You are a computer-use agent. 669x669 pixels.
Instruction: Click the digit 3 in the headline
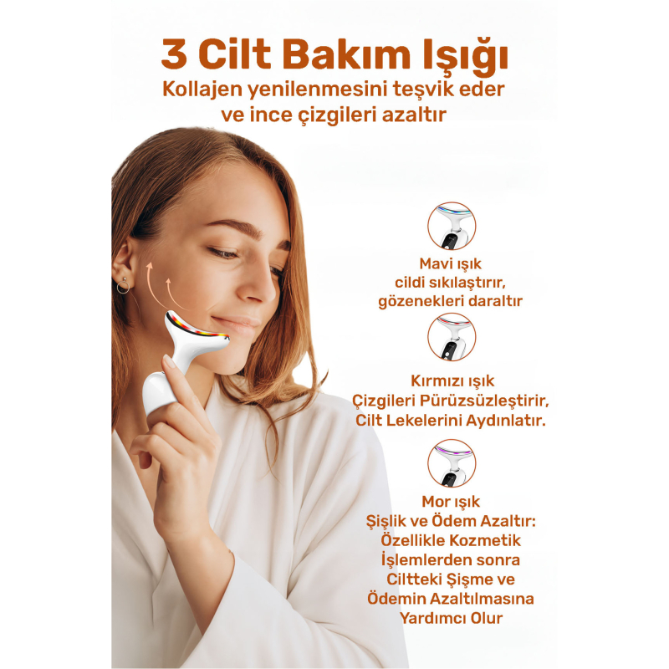tap(175, 54)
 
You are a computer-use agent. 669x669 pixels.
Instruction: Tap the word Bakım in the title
tap(346, 54)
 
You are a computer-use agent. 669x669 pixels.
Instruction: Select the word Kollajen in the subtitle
tap(202, 90)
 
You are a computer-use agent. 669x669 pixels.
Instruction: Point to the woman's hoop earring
tap(123, 286)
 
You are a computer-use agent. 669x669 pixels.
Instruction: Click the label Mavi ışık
tap(451, 263)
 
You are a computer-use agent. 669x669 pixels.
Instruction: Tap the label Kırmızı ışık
tap(452, 380)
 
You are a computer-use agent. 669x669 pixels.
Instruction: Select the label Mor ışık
tap(451, 502)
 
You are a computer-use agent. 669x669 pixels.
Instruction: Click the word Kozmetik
tap(485, 540)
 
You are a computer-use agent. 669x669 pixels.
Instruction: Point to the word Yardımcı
tap(432, 618)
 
